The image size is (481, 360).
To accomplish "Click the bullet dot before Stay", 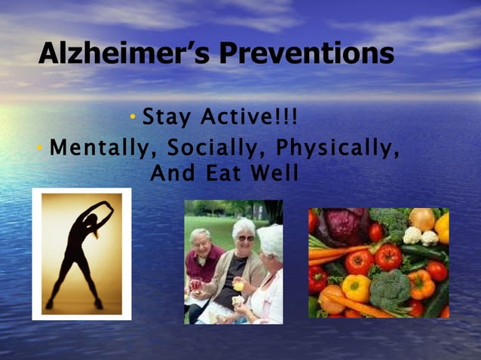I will (x=133, y=117).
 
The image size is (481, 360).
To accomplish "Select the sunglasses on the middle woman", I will (x=247, y=238).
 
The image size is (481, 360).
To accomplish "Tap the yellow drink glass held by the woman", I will (x=239, y=285).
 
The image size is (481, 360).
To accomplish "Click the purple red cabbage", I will (x=344, y=226).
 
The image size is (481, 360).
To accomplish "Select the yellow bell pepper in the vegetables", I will (x=357, y=287).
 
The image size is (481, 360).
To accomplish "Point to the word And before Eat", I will (x=170, y=173).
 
